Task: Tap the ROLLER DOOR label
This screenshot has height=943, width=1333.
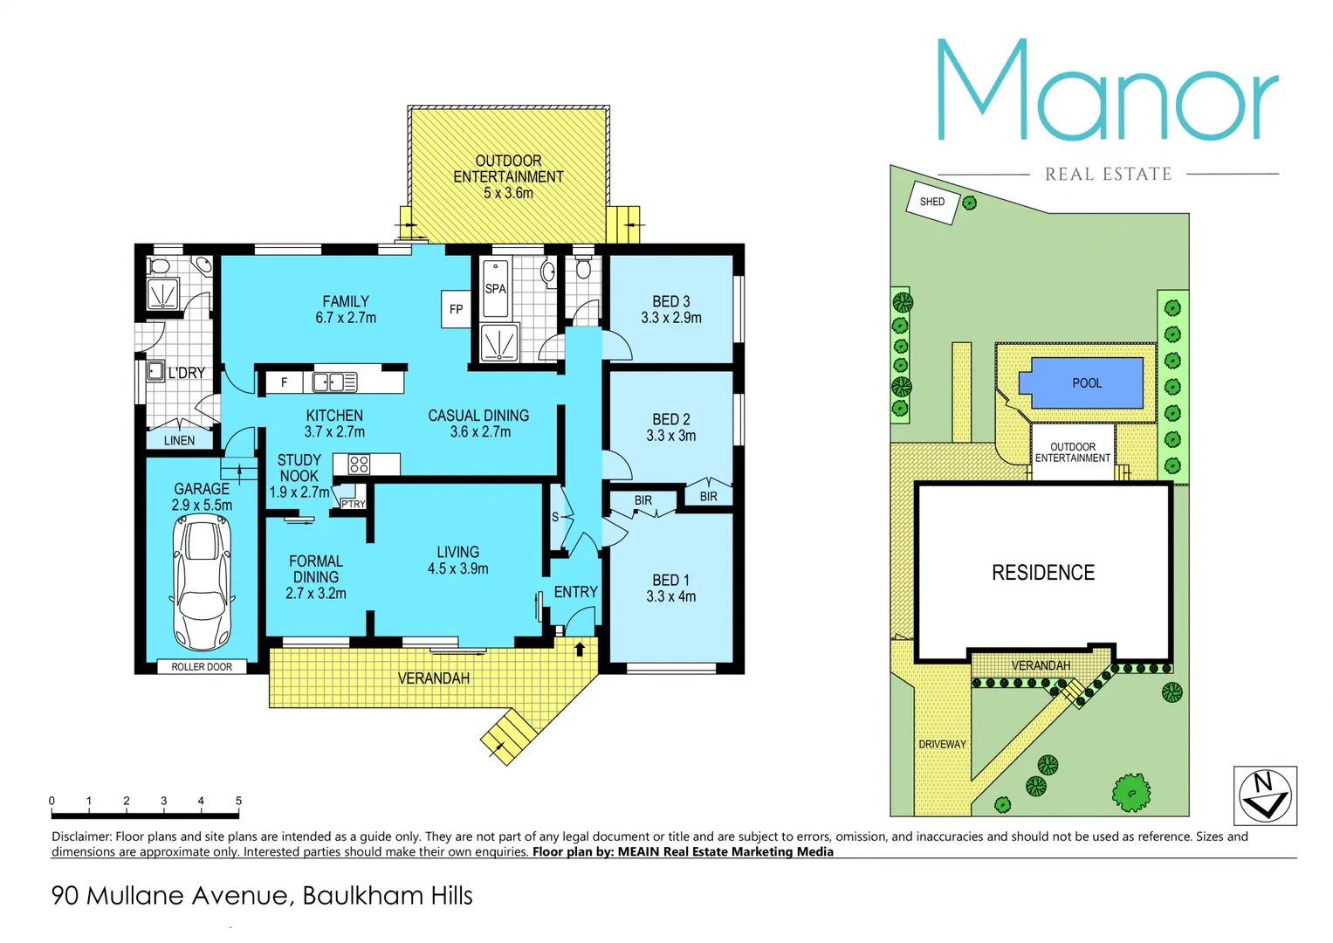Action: (x=202, y=667)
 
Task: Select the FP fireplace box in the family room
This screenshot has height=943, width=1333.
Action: (x=456, y=309)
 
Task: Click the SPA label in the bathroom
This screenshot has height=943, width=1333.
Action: (x=495, y=289)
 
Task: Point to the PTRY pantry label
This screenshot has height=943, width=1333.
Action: (x=353, y=504)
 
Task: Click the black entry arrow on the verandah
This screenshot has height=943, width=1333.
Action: (x=580, y=649)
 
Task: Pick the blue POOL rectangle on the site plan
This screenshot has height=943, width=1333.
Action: (x=1087, y=383)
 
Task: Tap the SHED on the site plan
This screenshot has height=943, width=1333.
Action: (x=932, y=202)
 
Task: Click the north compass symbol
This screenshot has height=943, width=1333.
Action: (x=1265, y=795)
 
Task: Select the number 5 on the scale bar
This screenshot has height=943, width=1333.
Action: (x=238, y=801)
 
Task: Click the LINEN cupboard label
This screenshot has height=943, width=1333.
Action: (x=180, y=440)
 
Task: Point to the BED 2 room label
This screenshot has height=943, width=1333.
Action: (x=670, y=427)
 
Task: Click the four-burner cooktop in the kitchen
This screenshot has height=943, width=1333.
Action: (x=359, y=465)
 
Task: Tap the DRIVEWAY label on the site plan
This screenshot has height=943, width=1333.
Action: (x=942, y=745)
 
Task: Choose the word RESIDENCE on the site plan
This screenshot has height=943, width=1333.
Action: (x=1042, y=573)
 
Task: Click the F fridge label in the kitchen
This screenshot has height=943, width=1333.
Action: (x=284, y=382)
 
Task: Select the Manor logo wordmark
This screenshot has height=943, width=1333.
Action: (x=1107, y=92)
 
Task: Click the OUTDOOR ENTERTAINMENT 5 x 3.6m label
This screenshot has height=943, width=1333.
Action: (x=508, y=176)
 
